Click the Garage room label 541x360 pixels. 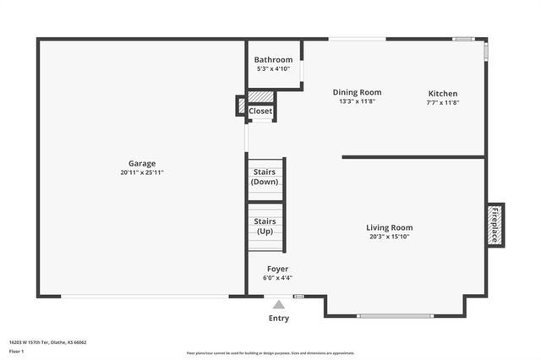tap(142, 163)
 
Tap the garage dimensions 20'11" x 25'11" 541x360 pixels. tap(142, 172)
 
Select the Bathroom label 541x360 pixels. tap(274, 60)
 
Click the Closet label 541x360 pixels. tap(260, 111)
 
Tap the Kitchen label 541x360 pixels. tap(443, 94)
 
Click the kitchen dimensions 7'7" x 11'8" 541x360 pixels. tap(443, 102)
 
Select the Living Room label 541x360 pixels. tap(389, 227)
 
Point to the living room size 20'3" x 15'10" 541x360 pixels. tap(389, 237)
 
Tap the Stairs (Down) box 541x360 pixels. tap(265, 177)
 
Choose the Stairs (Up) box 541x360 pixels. tap(265, 226)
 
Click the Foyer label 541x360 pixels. tap(278, 269)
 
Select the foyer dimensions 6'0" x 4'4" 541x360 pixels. tap(278, 277)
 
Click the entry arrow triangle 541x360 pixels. tap(278, 303)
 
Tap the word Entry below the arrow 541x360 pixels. tap(278, 319)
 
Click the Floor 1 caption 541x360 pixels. tap(17, 351)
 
